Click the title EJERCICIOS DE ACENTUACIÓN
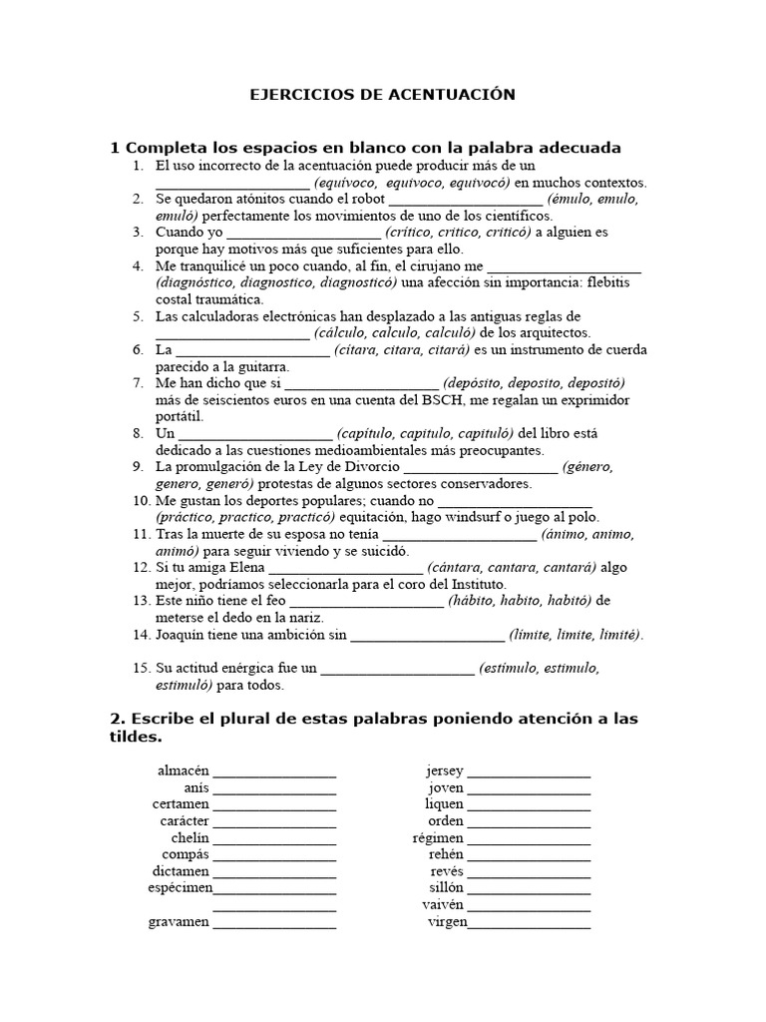click(x=382, y=95)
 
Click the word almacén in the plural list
click(x=184, y=770)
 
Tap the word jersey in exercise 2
click(x=444, y=770)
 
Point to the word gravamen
click(x=181, y=921)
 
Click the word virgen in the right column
click(x=446, y=921)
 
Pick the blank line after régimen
click(x=529, y=838)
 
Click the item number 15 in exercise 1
click(x=140, y=668)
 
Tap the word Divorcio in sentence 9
click(x=371, y=466)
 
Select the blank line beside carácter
click(x=274, y=821)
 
